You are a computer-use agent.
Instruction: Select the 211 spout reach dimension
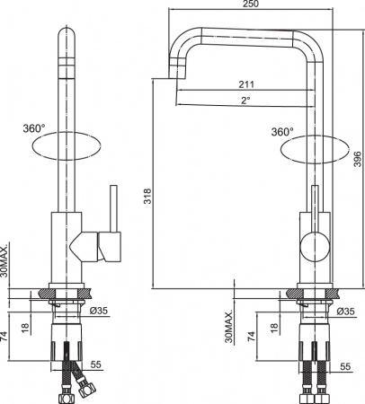245,85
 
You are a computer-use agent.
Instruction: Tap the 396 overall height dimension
357,159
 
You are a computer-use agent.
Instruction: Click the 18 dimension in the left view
25,329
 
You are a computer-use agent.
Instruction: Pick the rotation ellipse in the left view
67,144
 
